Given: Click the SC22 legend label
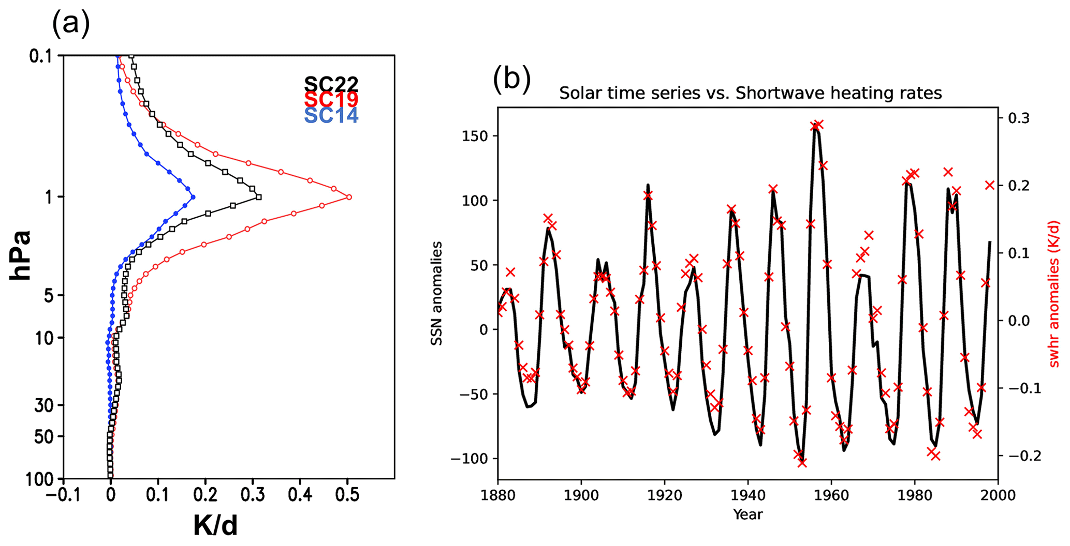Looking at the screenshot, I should [x=331, y=84].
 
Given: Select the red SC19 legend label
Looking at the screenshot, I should [x=331, y=99].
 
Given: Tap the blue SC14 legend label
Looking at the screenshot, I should [x=331, y=115].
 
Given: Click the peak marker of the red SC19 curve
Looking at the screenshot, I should [x=349, y=197].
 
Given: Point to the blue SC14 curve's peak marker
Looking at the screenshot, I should [x=193, y=197].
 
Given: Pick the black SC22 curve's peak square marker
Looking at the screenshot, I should [x=258, y=197].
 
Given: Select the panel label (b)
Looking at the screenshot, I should [x=511, y=79].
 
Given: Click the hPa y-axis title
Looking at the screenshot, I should [x=21, y=255].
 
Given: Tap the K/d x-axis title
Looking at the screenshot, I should [x=215, y=525].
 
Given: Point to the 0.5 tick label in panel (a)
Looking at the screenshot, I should [x=347, y=495].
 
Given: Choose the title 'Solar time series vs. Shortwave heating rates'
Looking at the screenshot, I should [x=750, y=93].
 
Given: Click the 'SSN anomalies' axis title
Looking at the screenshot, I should [x=437, y=293].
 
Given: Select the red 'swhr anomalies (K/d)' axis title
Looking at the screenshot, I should [x=1054, y=294].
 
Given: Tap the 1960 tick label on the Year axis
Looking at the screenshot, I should [x=831, y=495].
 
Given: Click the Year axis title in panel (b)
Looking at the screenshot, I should [x=747, y=514].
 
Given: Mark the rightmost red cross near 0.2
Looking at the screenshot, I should [x=989, y=185].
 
